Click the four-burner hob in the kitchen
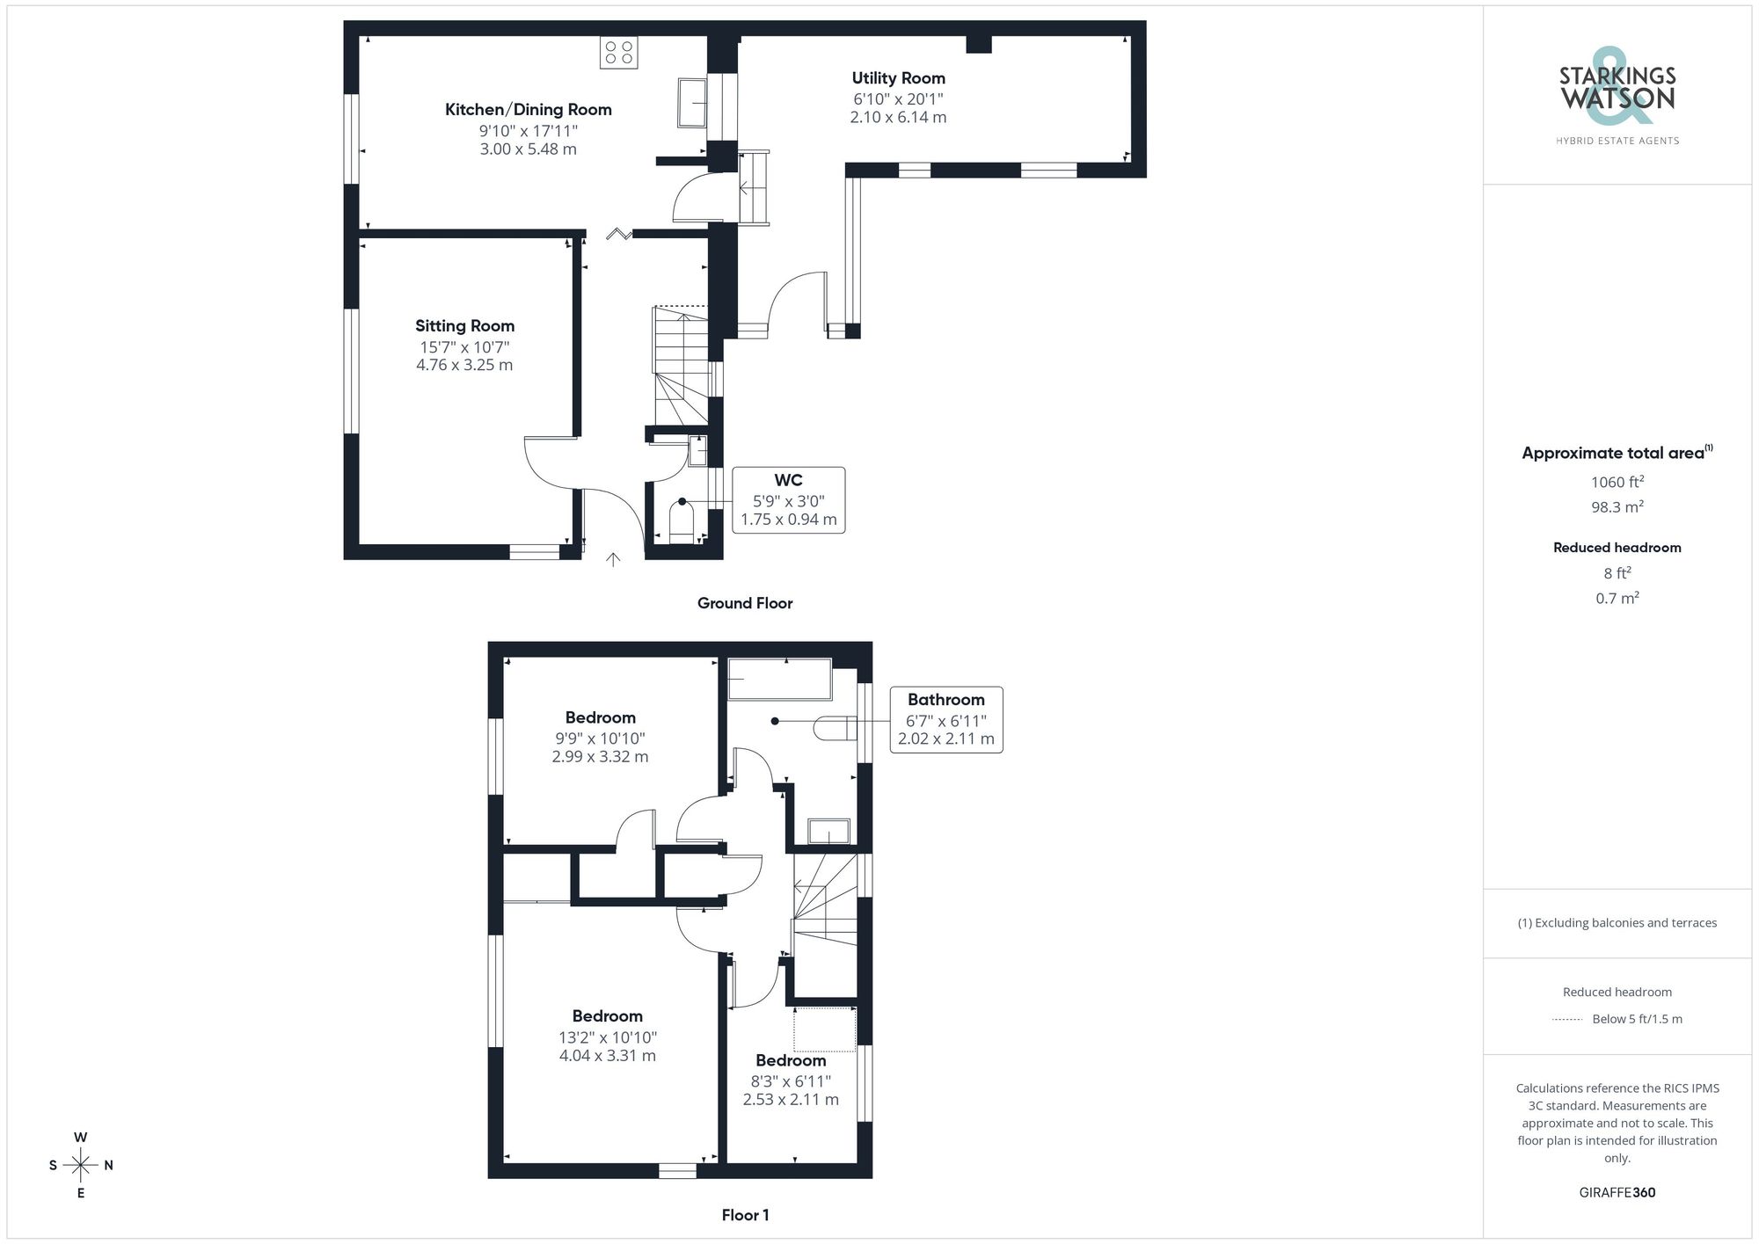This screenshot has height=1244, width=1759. point(618,53)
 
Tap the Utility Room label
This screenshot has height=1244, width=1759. point(898,78)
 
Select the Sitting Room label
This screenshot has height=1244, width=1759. point(464,326)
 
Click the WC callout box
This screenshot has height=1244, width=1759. point(788,500)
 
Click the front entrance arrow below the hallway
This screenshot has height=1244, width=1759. point(613,559)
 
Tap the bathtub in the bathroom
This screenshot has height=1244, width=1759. point(779,680)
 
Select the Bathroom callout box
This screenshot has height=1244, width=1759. point(945,719)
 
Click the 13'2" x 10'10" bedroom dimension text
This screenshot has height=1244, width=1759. point(607,1037)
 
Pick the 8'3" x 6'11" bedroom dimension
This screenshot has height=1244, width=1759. point(790,1081)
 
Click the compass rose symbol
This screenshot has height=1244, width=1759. point(81,1166)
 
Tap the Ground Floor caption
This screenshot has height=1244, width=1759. point(745,603)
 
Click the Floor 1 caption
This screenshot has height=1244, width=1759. point(745,1215)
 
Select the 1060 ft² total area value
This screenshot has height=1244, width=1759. point(1617,482)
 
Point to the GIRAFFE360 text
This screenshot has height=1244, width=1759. point(1617,1193)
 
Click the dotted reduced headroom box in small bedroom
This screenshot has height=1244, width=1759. point(824,1029)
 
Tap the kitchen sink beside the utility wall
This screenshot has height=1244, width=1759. point(693,103)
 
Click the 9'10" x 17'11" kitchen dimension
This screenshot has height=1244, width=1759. point(528,131)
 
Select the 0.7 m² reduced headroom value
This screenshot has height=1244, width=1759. point(1617,598)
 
